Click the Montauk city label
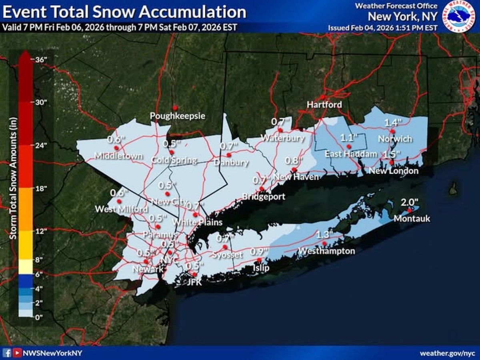(412, 219)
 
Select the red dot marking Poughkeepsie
(175, 108)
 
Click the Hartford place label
(324, 105)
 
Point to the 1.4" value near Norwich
(393, 123)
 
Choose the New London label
(394, 171)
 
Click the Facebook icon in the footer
(7, 353)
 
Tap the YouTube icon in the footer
(17, 353)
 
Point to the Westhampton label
(327, 251)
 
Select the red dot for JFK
(194, 274)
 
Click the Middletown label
(118, 156)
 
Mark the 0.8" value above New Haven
(292, 161)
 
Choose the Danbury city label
(231, 163)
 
